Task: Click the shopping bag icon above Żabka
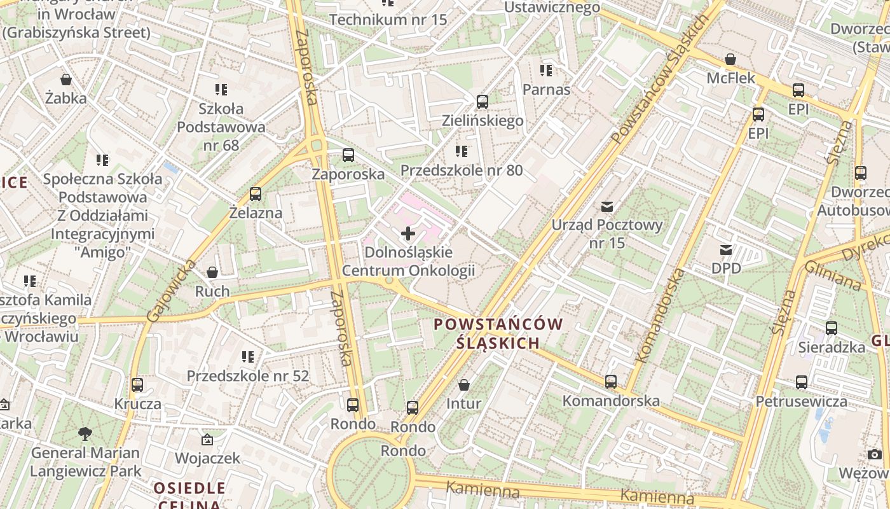click(x=65, y=80)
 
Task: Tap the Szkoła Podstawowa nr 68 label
click(x=221, y=127)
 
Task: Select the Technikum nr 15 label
click(x=388, y=20)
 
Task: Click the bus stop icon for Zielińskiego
click(x=482, y=102)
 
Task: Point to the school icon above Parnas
click(x=545, y=71)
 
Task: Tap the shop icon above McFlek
click(x=730, y=60)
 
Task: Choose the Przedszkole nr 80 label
click(x=462, y=171)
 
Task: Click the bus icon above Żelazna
click(x=256, y=194)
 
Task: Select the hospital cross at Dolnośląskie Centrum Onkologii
click(x=408, y=234)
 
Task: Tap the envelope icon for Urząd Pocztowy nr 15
click(x=607, y=207)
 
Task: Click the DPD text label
click(x=726, y=268)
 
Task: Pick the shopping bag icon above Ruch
click(x=212, y=273)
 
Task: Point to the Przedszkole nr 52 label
click(x=248, y=376)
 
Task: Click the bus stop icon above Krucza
click(x=137, y=385)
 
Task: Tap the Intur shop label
click(x=463, y=403)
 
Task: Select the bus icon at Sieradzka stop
click(x=831, y=328)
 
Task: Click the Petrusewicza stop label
click(x=801, y=401)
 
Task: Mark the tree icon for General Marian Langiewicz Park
click(x=85, y=435)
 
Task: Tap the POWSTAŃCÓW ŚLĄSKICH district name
click(x=498, y=333)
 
